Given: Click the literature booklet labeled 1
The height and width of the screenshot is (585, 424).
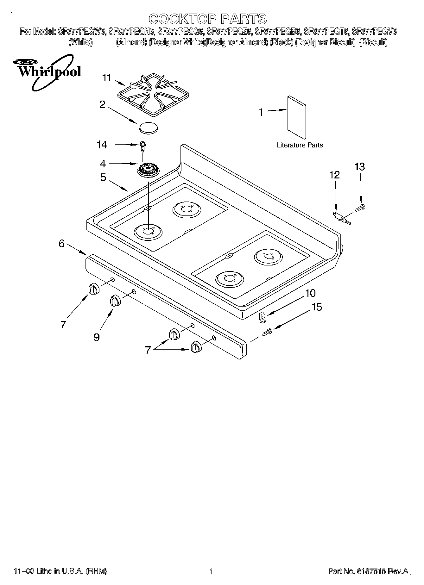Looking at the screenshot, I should [x=297, y=117].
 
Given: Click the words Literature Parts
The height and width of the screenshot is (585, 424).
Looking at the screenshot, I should [x=300, y=145].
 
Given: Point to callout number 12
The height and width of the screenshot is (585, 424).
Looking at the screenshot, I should [x=334, y=175].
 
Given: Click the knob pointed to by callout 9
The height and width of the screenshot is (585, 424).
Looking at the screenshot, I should [x=115, y=301].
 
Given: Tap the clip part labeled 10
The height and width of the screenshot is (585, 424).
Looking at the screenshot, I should [x=262, y=317].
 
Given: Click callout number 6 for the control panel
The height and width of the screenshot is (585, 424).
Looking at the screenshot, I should [x=61, y=243].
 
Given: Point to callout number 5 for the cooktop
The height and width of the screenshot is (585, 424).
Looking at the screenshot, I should [x=103, y=177].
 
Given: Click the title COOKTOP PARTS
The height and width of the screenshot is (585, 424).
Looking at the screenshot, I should [x=208, y=19].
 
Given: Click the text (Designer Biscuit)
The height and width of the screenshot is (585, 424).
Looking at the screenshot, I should [x=325, y=42].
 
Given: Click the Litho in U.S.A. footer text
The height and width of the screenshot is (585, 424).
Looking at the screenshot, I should [x=60, y=571].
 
